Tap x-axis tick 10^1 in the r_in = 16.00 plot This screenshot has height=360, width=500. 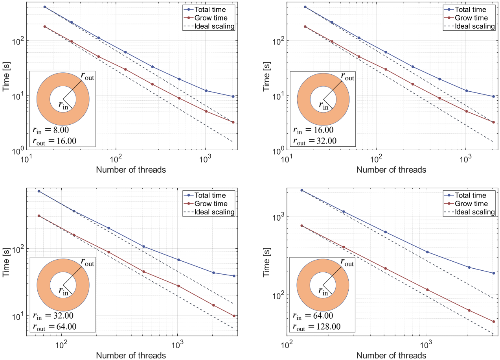[287, 159]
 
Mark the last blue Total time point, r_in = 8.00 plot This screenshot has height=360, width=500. [233, 96]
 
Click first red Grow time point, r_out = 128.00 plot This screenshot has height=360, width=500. [302, 226]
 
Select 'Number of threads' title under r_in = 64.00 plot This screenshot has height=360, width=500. [391, 355]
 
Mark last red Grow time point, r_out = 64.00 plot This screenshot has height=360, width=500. [234, 316]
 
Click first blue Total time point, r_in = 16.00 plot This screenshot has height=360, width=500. [305, 7]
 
